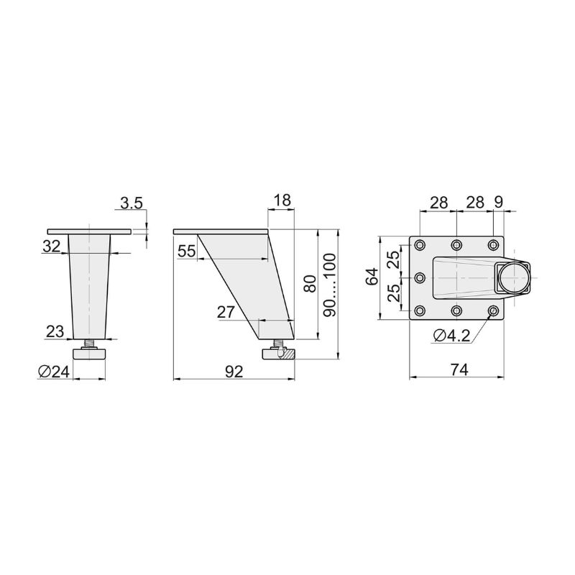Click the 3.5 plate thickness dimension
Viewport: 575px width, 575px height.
[132, 203]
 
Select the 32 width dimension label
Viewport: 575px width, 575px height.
[51, 247]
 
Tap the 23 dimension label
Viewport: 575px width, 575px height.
[55, 332]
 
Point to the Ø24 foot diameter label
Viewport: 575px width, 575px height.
[53, 372]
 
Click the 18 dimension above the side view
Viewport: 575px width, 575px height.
[282, 201]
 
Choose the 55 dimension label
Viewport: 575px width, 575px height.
[186, 252]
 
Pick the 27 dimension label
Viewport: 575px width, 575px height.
[226, 313]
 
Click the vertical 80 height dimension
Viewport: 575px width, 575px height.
[310, 283]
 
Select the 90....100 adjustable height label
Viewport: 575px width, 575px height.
[331, 285]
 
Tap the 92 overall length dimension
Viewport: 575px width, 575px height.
[234, 372]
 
